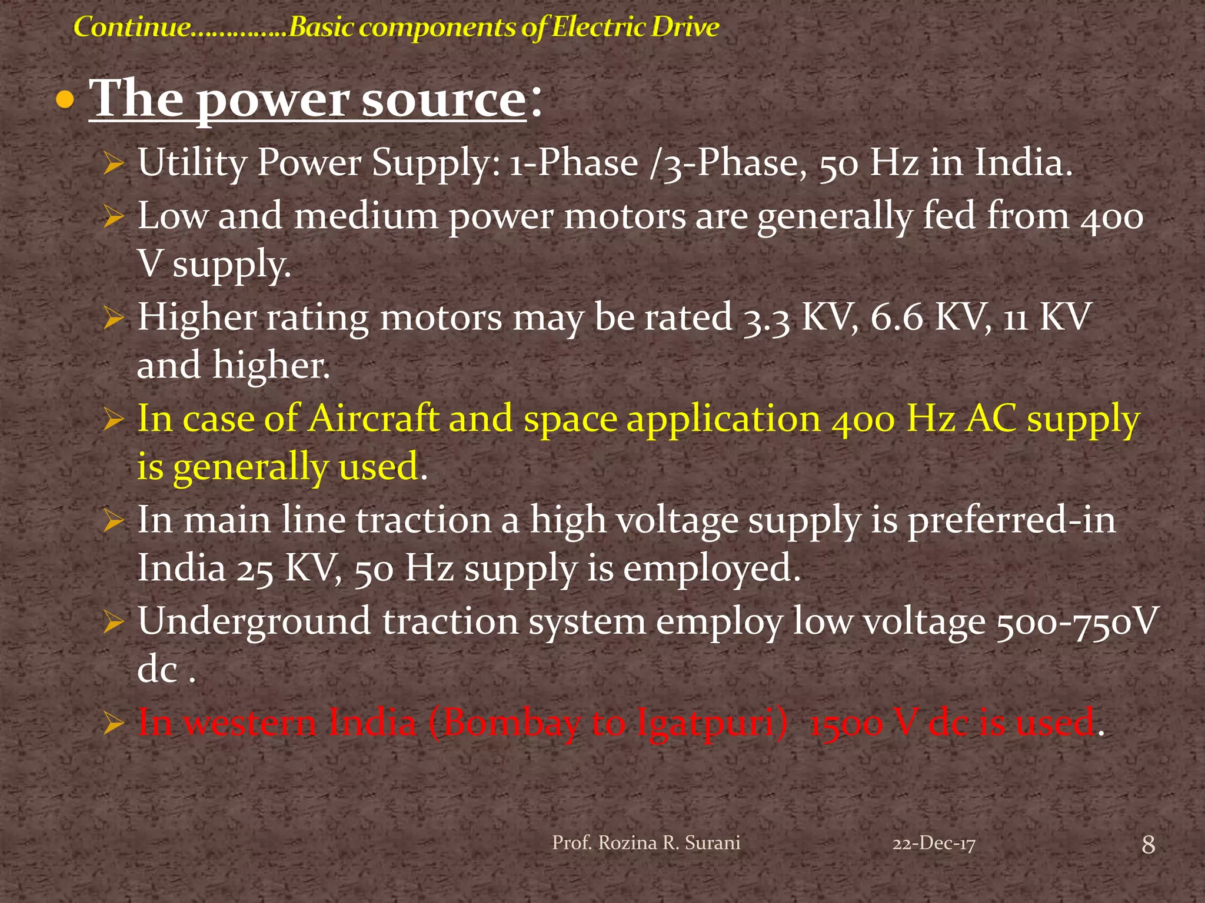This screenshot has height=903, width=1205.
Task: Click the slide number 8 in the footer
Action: [x=1148, y=845]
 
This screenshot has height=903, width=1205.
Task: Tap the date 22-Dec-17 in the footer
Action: [x=934, y=844]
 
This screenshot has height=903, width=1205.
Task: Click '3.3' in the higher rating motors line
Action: [x=767, y=318]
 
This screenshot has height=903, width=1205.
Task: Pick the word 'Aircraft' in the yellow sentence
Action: [x=374, y=419]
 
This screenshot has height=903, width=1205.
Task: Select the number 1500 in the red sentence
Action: [x=846, y=724]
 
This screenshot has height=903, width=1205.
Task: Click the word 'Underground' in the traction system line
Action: [x=254, y=622]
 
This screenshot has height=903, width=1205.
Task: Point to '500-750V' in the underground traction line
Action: [x=1077, y=622]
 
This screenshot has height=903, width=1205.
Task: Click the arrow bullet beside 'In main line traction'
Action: [x=113, y=521]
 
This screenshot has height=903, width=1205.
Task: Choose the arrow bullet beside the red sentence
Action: [x=113, y=724]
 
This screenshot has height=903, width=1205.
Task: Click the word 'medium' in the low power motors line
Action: [x=366, y=216]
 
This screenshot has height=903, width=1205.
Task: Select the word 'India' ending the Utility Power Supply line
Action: [x=1023, y=163]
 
